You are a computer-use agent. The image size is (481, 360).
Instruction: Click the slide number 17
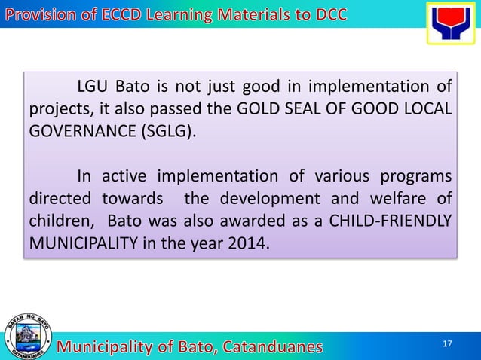pos(447,344)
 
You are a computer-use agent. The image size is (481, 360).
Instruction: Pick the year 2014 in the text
pos(247,244)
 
